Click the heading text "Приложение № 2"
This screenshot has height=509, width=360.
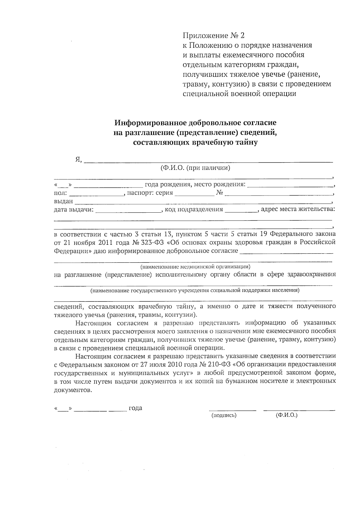(x=214, y=36)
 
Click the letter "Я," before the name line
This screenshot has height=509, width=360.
(x=78, y=160)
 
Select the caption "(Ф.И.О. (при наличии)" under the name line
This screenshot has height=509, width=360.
(x=195, y=168)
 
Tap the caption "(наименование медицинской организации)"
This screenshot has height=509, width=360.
(x=195, y=266)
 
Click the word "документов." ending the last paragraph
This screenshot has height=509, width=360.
(x=72, y=390)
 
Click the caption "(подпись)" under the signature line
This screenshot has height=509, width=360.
(x=224, y=415)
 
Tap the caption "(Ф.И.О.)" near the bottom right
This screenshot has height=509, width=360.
(x=286, y=415)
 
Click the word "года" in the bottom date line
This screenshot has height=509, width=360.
(x=135, y=408)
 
